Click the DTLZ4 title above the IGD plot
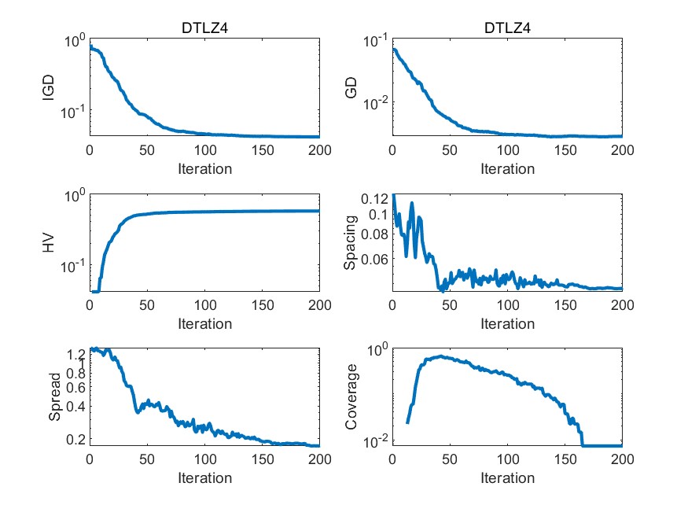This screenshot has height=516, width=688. click(204, 29)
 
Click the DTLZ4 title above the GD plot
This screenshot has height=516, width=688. click(507, 29)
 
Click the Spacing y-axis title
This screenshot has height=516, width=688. click(352, 242)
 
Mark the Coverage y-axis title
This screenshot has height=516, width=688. click(352, 397)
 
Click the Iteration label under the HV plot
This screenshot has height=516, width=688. click(204, 323)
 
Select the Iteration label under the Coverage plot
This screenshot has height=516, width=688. click(507, 478)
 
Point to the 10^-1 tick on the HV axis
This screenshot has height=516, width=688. click(72, 267)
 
